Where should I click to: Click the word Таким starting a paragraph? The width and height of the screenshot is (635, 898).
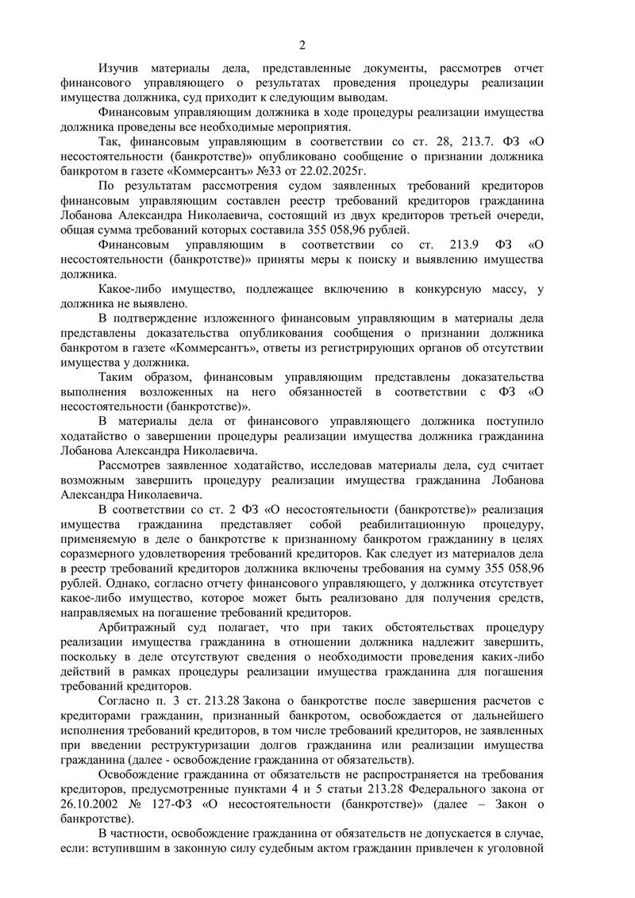click(119, 377)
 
